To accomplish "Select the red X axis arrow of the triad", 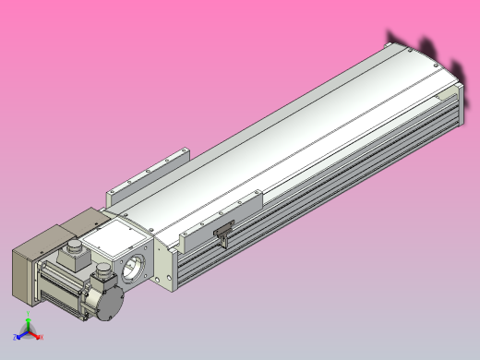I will pos(41,338).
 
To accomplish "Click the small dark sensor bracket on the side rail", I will pos(223,237).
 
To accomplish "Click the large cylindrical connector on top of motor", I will pos(71,252).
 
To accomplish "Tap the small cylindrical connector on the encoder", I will pos(102,270).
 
